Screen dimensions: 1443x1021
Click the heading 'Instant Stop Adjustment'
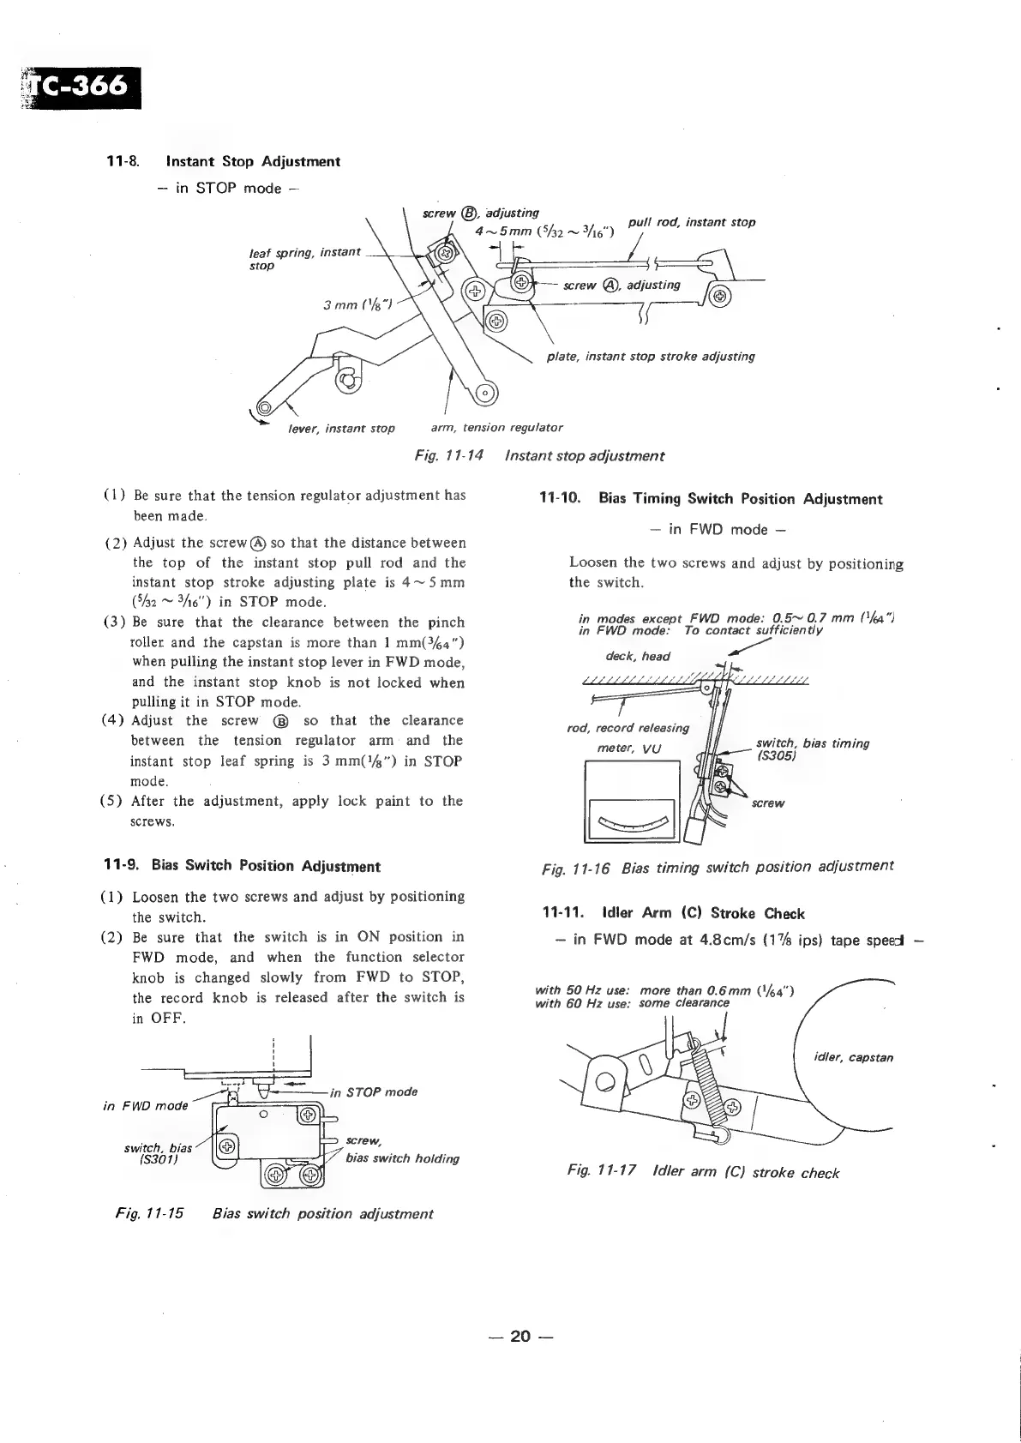pos(253,161)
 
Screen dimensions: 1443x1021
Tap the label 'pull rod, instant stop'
pos(691,222)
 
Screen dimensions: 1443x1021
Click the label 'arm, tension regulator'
pos(496,427)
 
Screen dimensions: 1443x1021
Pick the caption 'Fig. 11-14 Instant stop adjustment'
pos(539,456)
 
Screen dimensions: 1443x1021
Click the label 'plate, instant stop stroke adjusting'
pos(651,356)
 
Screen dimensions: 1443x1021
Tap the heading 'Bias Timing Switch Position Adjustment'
pos(740,499)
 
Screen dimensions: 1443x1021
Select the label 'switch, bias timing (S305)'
pos(812,749)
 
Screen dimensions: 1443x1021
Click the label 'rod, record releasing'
pos(628,728)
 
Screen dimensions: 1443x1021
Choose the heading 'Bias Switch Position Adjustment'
pos(266,866)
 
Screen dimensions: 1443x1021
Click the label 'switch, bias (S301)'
pos(158,1154)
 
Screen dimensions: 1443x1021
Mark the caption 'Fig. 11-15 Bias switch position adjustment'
pos(274,1213)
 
